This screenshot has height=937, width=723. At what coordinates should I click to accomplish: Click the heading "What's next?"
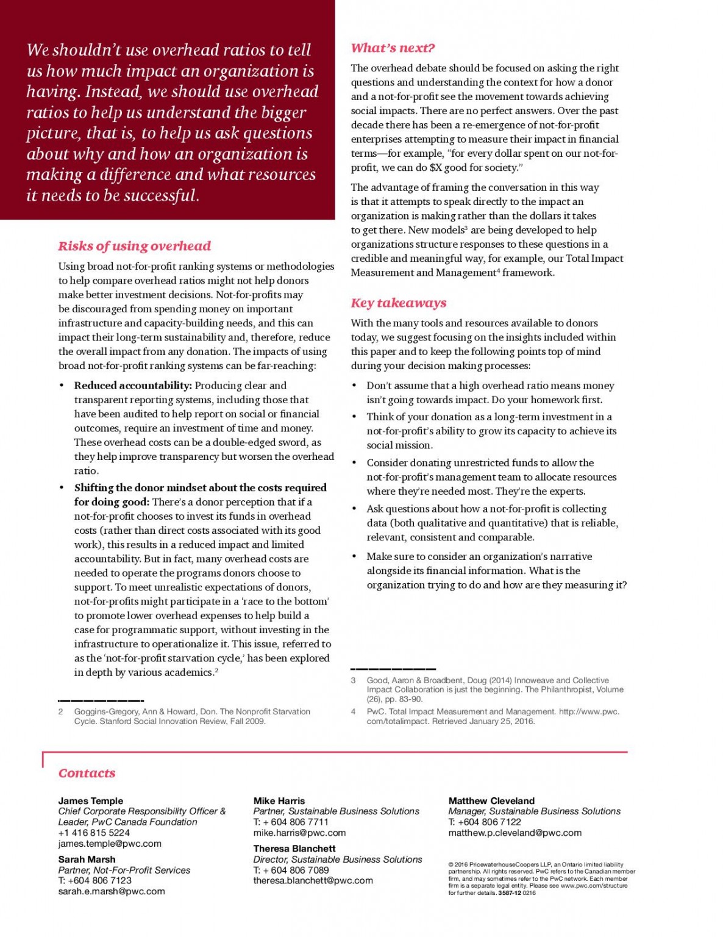tap(393, 48)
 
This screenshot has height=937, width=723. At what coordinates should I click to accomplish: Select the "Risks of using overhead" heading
tap(134, 246)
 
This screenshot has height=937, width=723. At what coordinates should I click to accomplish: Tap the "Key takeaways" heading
tap(398, 303)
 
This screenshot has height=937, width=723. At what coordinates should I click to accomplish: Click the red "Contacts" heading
tap(87, 773)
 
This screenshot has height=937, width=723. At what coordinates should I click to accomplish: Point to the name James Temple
tap(91, 801)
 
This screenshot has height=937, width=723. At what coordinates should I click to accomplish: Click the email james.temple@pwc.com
tap(110, 844)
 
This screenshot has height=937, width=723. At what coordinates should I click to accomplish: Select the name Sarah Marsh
tap(87, 860)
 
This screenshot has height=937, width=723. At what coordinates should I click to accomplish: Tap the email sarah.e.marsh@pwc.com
tap(112, 891)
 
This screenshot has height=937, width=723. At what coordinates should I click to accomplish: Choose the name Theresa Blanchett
tap(294, 849)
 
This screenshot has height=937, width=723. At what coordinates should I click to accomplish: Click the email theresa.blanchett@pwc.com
tap(313, 881)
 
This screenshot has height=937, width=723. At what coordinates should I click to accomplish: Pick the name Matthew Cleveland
tap(491, 801)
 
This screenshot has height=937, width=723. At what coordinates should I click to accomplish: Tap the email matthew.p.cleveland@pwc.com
tap(515, 833)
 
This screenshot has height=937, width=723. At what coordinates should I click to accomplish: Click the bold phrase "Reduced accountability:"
tap(133, 386)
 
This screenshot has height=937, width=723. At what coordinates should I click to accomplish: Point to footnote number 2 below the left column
tap(60, 711)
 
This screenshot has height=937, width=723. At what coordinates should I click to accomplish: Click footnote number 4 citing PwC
tap(354, 711)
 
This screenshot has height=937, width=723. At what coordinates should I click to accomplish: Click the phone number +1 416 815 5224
tap(94, 833)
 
